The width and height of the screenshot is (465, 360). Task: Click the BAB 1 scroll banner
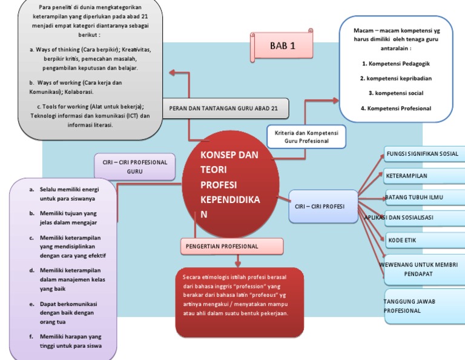coord(282,46)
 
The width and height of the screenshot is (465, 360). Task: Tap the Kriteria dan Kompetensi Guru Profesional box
coord(306,136)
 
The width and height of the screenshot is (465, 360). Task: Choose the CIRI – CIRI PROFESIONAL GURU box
coord(134,167)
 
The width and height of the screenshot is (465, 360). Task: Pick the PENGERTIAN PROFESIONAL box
coord(232,246)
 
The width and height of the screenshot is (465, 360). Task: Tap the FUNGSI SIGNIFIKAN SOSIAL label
coord(423,154)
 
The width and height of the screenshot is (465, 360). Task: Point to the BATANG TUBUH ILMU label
coord(423,197)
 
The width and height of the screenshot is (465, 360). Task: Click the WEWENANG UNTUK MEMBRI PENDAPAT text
coord(418,270)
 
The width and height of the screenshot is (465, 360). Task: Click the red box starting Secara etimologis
coord(239,301)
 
